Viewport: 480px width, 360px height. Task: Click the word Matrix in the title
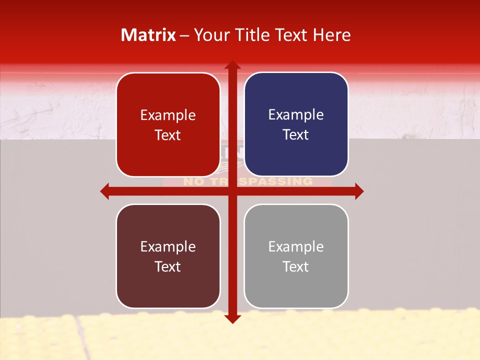tap(148, 35)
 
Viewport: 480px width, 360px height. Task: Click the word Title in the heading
tap(253, 35)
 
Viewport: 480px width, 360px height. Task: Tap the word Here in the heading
tap(331, 35)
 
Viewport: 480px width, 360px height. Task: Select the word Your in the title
tap(210, 35)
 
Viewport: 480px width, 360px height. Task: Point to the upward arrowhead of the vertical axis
tap(232, 65)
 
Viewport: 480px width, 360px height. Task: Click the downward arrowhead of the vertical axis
tap(232, 319)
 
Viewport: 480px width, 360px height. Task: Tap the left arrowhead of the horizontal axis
tap(105, 191)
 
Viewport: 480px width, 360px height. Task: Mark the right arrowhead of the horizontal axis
tap(359, 191)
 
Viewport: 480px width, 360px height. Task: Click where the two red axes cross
tap(232, 191)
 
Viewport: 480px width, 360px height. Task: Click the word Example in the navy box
tap(296, 115)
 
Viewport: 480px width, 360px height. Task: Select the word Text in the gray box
tap(296, 266)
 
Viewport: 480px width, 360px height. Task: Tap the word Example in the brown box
tap(168, 246)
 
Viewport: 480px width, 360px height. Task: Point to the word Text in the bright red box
tap(168, 135)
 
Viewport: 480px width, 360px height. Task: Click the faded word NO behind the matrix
tap(192, 181)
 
